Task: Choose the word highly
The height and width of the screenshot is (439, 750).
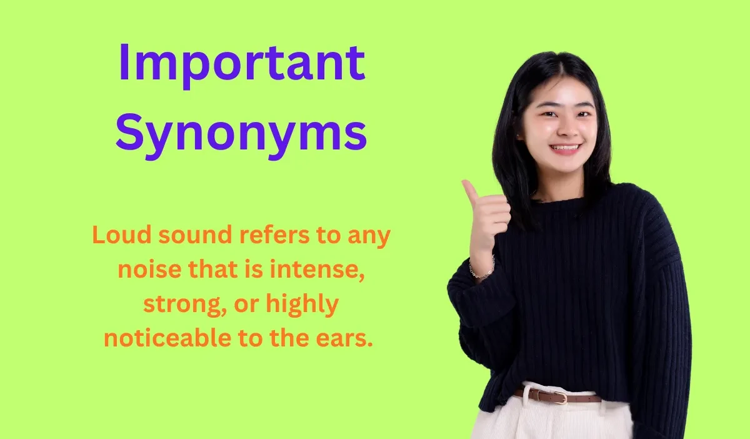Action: [302, 306]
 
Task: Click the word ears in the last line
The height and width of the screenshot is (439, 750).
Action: [346, 340]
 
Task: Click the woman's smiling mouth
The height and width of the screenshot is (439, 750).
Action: [566, 149]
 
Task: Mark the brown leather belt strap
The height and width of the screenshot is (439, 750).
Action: [584, 398]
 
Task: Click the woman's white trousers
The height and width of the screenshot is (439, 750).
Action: [550, 422]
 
